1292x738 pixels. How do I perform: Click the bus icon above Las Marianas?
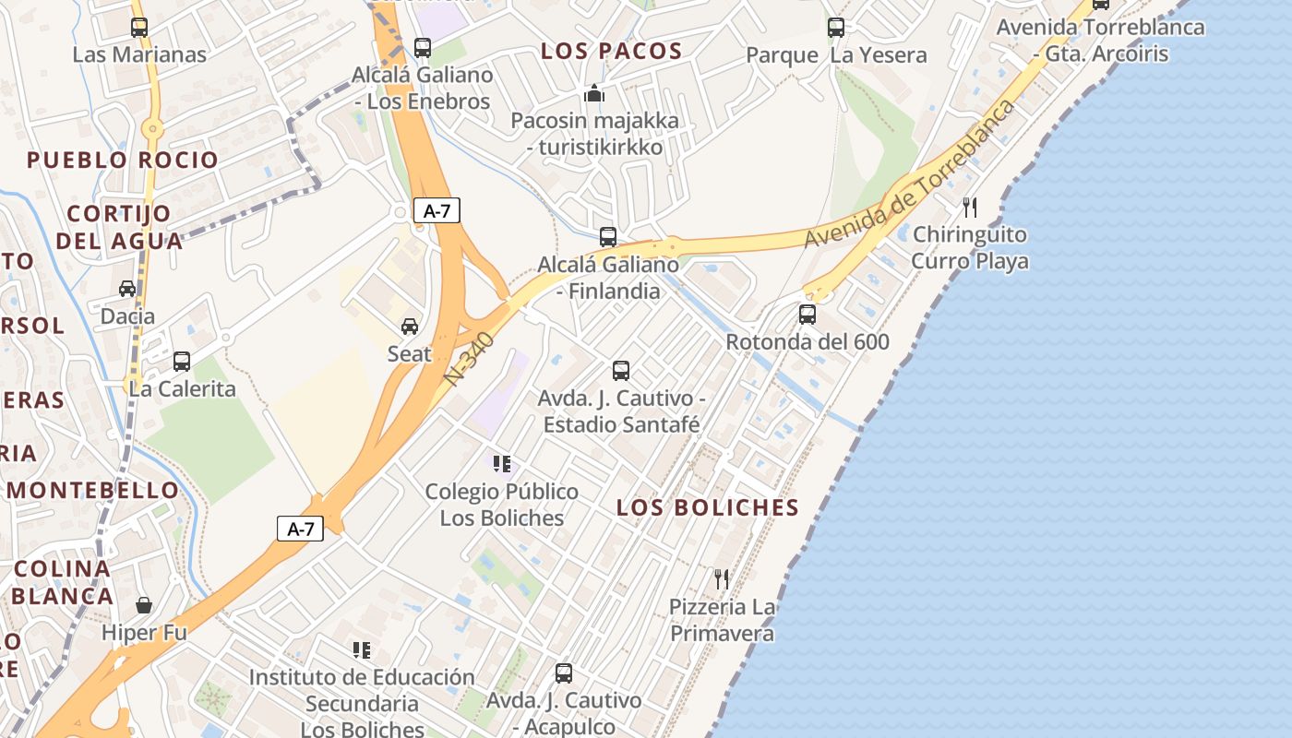pyautogui.click(x=139, y=28)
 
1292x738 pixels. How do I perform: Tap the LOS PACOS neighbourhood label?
pyautogui.click(x=612, y=52)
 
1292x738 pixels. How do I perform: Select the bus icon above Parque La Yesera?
pyautogui.click(x=836, y=28)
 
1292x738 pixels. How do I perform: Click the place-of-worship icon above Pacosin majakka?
pyautogui.click(x=594, y=93)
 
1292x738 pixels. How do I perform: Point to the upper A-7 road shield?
pyautogui.click(x=437, y=210)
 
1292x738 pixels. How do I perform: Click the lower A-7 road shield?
pyautogui.click(x=301, y=529)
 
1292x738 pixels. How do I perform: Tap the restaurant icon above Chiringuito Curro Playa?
pyautogui.click(x=970, y=207)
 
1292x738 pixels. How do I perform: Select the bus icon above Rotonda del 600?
pyautogui.click(x=807, y=315)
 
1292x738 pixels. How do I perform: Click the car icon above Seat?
pyautogui.click(x=410, y=327)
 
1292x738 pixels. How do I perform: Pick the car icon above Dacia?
pyautogui.click(x=127, y=289)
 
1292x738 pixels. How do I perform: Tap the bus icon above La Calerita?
pyautogui.click(x=182, y=362)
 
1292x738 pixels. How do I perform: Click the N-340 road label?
pyautogui.click(x=470, y=359)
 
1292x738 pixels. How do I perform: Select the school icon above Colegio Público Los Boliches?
pyautogui.click(x=502, y=464)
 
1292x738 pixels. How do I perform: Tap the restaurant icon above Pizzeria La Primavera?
pyautogui.click(x=722, y=579)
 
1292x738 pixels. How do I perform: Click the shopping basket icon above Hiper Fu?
pyautogui.click(x=144, y=605)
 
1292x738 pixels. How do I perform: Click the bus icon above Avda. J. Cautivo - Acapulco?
pyautogui.click(x=564, y=673)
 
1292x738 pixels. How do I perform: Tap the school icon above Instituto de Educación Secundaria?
pyautogui.click(x=362, y=650)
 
